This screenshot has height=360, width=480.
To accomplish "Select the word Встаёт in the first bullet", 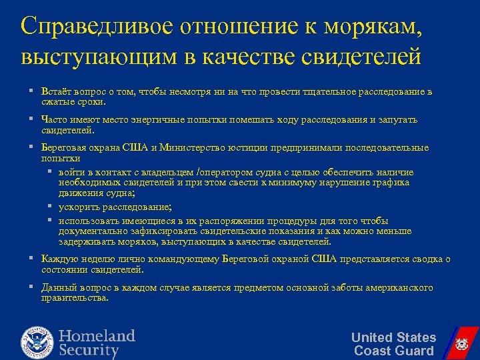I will click(x=54, y=92).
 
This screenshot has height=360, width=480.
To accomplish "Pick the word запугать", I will click(x=397, y=120).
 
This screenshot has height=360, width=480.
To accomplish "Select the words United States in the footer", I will click(x=393, y=337).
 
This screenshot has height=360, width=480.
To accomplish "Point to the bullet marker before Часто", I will click(x=31, y=119).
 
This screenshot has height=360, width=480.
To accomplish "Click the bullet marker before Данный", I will click(x=31, y=287).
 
